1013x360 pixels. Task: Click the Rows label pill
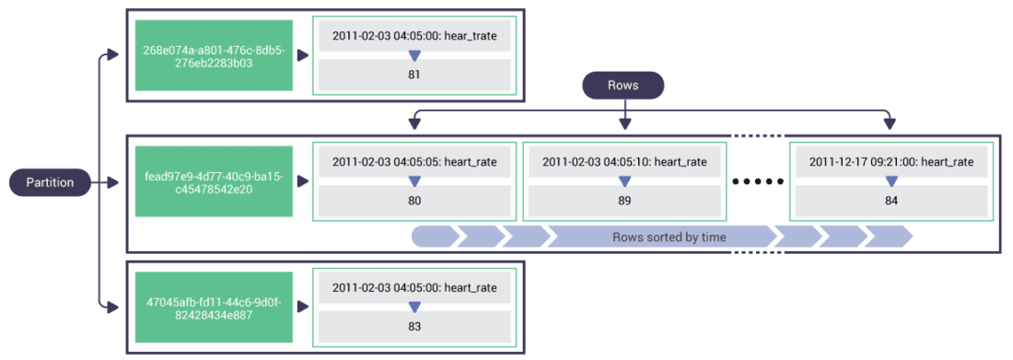click(x=623, y=86)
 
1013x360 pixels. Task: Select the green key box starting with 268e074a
click(x=213, y=56)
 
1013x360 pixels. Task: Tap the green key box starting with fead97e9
click(x=213, y=182)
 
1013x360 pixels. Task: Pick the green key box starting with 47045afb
click(x=213, y=308)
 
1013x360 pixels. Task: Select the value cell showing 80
click(x=413, y=201)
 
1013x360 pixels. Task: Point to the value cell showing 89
click(x=624, y=201)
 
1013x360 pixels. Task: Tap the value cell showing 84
click(x=891, y=201)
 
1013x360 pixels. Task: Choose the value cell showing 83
click(x=413, y=326)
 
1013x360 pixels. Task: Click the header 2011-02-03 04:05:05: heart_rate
click(x=413, y=162)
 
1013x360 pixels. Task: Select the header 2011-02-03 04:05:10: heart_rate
click(x=624, y=162)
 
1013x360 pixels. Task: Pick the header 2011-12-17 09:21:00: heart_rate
click(x=891, y=162)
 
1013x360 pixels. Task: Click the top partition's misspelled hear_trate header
click(x=413, y=36)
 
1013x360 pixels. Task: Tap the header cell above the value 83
click(x=413, y=288)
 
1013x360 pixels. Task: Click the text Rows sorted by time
click(x=669, y=238)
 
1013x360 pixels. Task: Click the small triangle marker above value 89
click(x=624, y=180)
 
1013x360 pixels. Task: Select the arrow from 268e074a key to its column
click(x=303, y=56)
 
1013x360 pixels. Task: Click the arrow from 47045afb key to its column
click(x=303, y=308)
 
